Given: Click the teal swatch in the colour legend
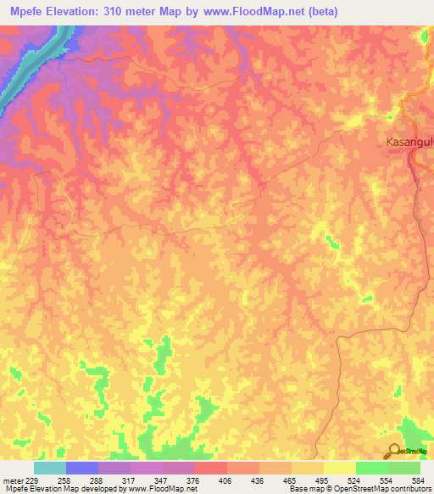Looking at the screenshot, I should click(x=50, y=468).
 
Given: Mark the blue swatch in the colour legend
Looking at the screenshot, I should click(x=82, y=468).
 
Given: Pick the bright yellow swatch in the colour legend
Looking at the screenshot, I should click(x=340, y=468).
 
